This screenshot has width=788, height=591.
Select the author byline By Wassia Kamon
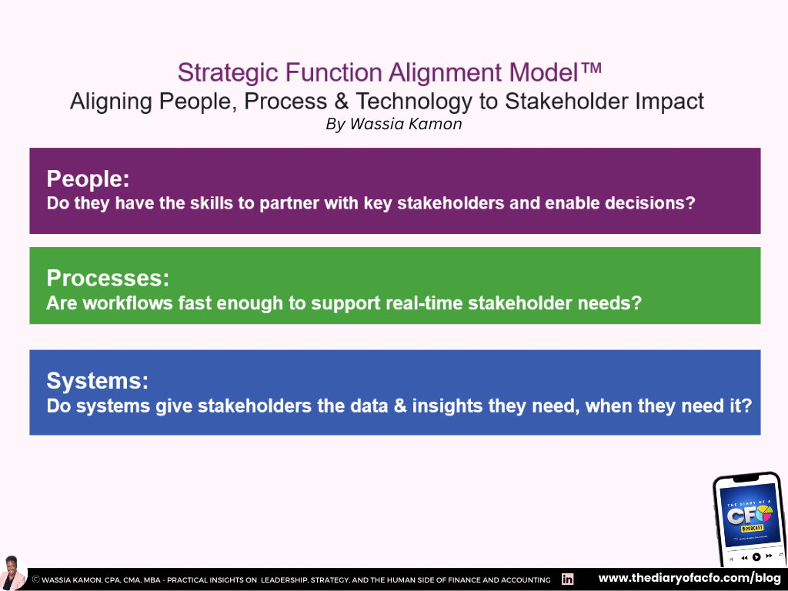393,124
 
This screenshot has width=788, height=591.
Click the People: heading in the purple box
88,179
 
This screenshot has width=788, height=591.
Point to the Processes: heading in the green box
108,278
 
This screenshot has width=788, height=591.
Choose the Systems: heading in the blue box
97,381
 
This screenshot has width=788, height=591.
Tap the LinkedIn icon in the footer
568,579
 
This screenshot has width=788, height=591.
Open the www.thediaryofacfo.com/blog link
689,578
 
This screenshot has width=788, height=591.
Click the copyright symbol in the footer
36,579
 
